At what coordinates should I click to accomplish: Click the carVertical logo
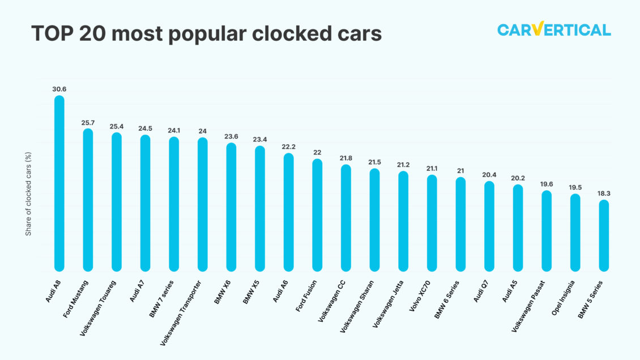[x=553, y=29]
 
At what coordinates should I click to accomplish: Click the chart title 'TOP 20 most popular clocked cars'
[x=207, y=34]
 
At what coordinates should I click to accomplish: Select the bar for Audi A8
[x=59, y=183]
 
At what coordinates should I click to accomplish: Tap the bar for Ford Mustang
[x=88, y=200]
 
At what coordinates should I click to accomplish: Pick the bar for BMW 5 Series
[x=604, y=235]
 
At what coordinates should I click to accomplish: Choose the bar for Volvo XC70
[x=432, y=223]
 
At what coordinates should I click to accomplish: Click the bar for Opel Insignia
[x=575, y=233]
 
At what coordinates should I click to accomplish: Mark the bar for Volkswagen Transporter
[x=202, y=204]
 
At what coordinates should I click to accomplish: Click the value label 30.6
[x=59, y=89]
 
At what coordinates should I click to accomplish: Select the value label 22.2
[x=288, y=146]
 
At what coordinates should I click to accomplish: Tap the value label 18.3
[x=604, y=193]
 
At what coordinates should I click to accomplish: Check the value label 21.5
[x=374, y=162]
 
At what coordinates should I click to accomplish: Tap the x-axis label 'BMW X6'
[x=222, y=292]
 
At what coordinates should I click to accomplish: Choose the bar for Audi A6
[x=288, y=212]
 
